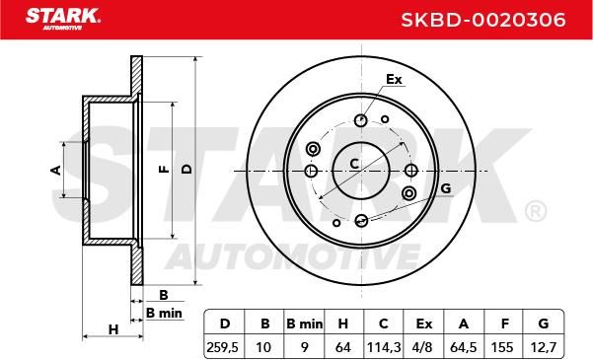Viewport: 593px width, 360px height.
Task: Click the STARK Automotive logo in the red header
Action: click(x=63, y=19)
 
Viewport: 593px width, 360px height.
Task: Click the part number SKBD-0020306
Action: click(x=482, y=20)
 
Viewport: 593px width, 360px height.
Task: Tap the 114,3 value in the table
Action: click(x=384, y=347)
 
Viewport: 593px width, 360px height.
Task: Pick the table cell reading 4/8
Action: click(x=423, y=347)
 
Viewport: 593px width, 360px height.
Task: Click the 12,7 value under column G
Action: click(x=543, y=347)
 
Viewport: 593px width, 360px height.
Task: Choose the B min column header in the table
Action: click(x=305, y=324)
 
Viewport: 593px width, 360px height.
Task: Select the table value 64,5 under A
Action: click(x=464, y=347)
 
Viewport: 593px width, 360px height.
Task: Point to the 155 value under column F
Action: click(x=502, y=347)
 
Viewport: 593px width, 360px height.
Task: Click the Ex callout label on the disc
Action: click(x=394, y=80)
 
